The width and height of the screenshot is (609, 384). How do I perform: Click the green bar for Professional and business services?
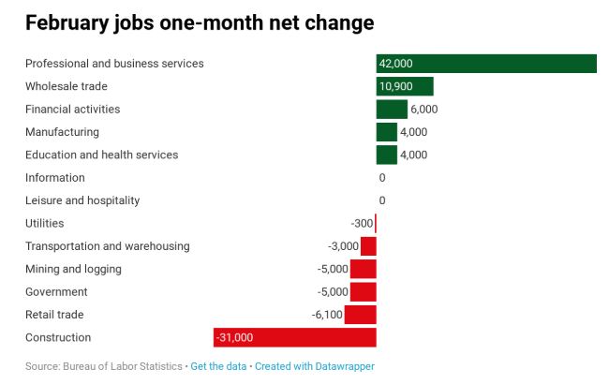(x=486, y=64)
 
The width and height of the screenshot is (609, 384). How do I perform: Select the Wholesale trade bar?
(x=405, y=86)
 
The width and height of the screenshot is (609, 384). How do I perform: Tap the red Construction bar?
(x=294, y=337)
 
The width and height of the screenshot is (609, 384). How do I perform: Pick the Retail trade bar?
(x=360, y=315)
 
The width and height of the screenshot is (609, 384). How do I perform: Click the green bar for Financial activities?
(x=392, y=110)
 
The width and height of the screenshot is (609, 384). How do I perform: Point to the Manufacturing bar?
(x=386, y=132)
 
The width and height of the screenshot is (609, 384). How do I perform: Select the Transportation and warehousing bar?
(x=368, y=246)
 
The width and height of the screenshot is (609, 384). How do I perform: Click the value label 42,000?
(x=395, y=64)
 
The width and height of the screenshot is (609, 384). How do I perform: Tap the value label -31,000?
(x=234, y=337)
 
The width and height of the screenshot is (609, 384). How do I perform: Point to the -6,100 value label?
(x=326, y=315)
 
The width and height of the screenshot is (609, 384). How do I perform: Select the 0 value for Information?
(x=382, y=178)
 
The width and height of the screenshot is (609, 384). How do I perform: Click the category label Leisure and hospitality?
(x=82, y=200)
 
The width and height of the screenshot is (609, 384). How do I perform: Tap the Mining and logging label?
(x=73, y=269)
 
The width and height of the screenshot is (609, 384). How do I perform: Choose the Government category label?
(x=56, y=292)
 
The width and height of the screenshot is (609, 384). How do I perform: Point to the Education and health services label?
(x=101, y=155)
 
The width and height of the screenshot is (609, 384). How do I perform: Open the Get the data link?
(x=218, y=366)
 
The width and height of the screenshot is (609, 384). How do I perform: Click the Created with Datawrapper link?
(x=314, y=366)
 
